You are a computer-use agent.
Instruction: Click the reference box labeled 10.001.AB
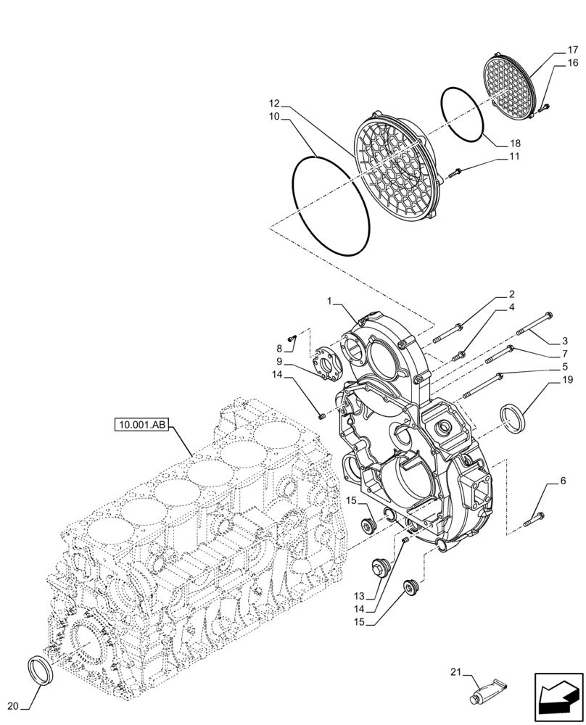pos(141,425)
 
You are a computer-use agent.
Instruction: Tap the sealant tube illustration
pos(487,692)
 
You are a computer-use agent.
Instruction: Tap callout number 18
pos(515,144)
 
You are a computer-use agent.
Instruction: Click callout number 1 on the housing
pos(330,301)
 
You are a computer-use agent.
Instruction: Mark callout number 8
pos(279,349)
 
